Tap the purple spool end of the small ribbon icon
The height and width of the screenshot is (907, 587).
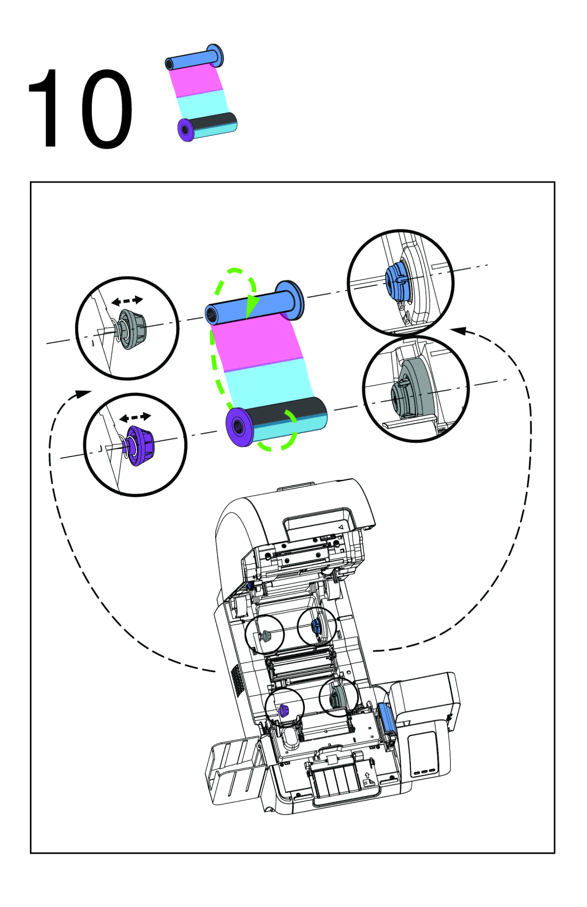tap(185, 129)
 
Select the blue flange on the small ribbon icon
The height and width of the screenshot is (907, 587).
tap(215, 55)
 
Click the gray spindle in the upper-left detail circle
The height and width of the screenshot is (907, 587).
tap(130, 329)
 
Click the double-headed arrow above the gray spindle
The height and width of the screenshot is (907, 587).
tap(127, 301)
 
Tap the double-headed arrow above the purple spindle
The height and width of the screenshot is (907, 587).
tap(135, 417)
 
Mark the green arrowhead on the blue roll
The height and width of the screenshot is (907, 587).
tap(252, 305)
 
